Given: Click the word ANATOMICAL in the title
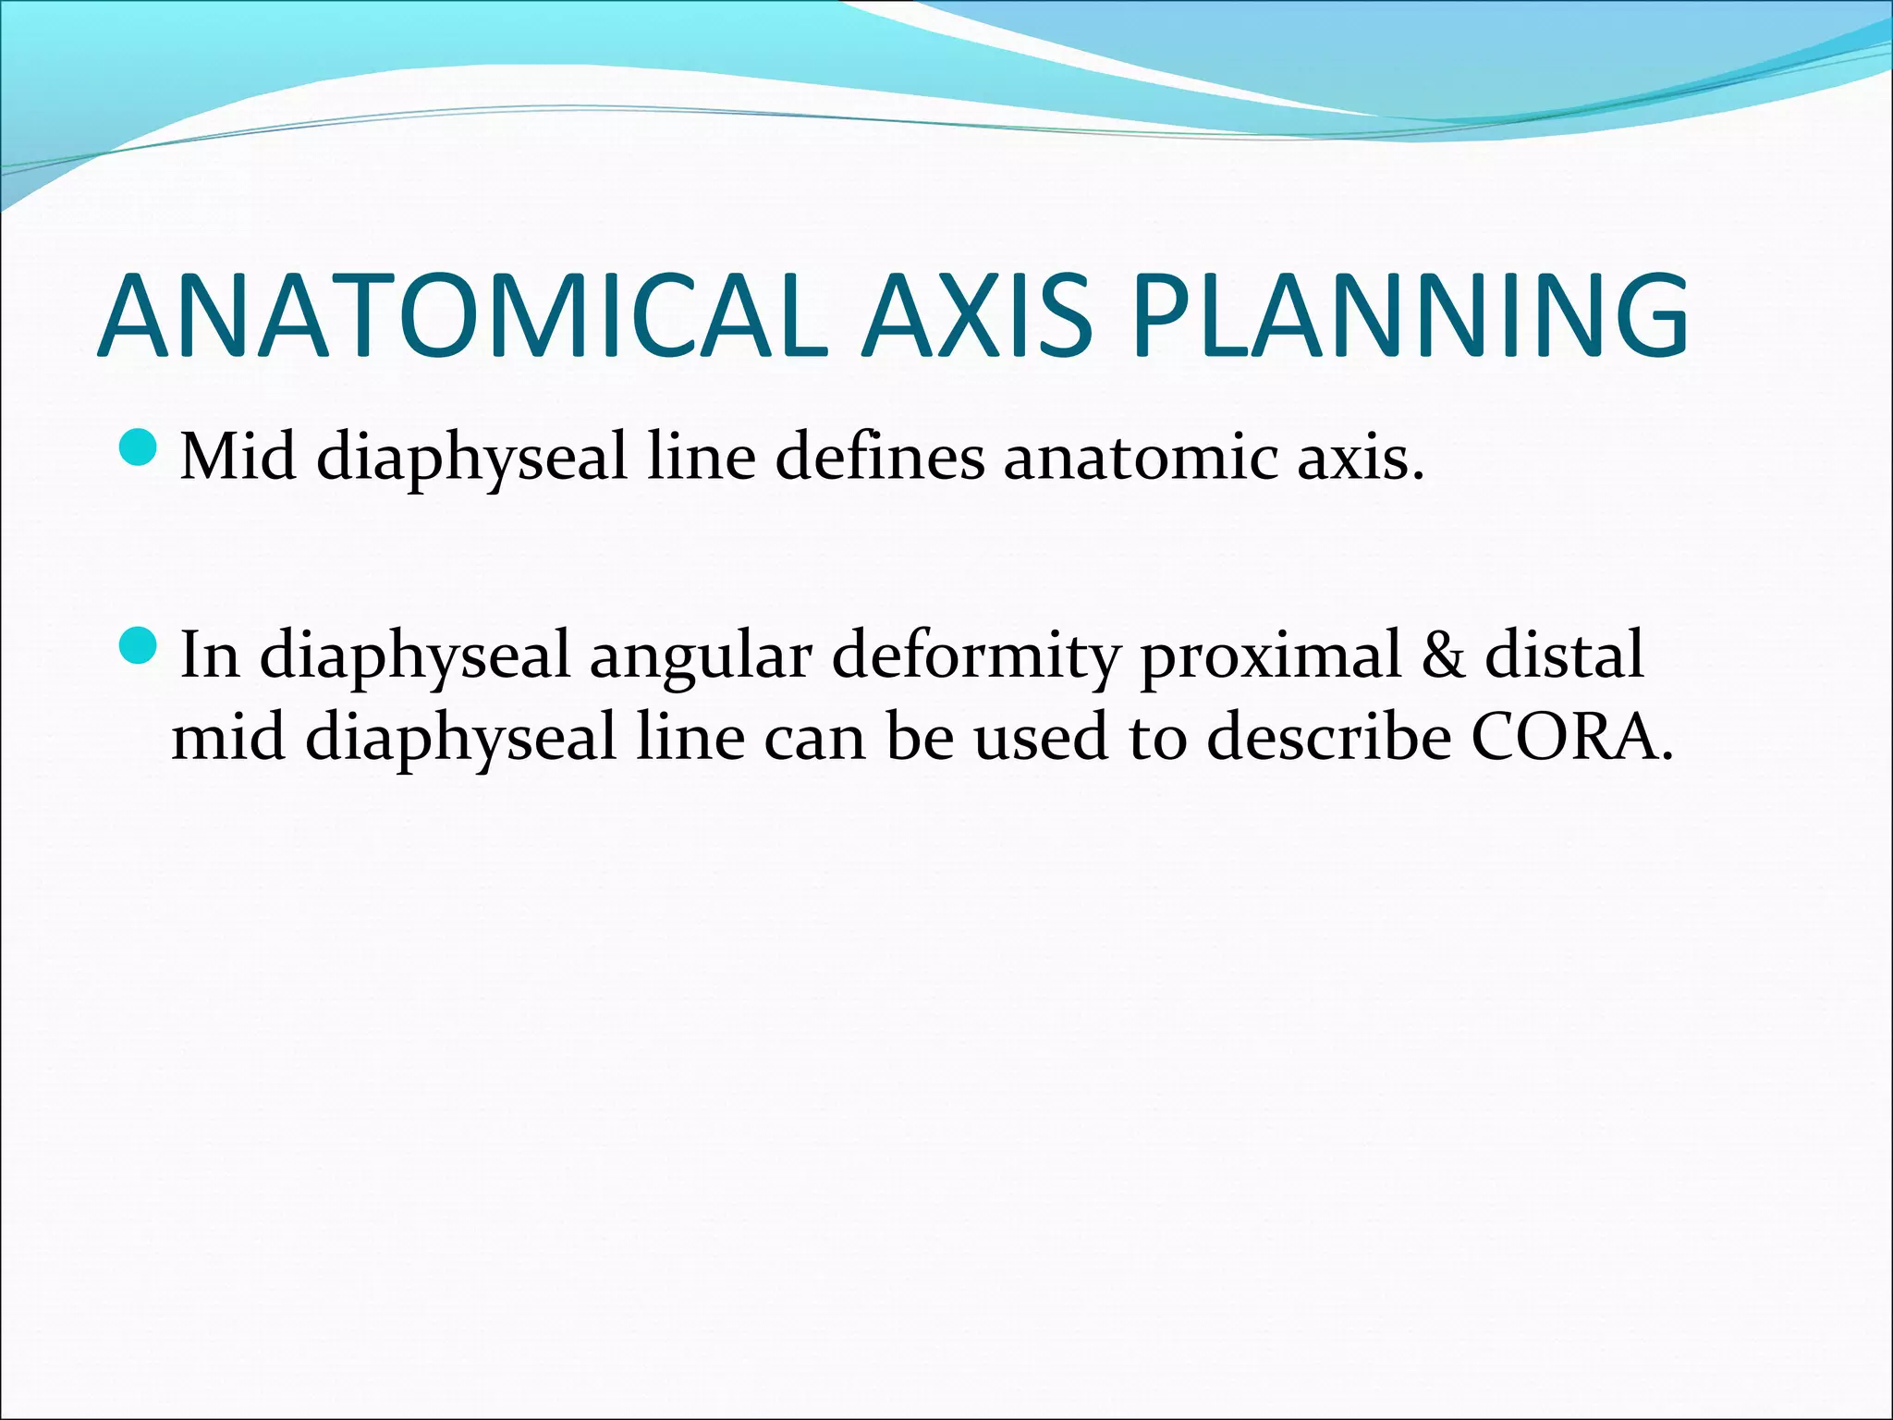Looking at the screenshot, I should point(462,316).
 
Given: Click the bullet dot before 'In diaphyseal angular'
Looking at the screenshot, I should point(140,645).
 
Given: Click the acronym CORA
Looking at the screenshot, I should point(1571,739).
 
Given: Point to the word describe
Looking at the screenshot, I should point(1328,739).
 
